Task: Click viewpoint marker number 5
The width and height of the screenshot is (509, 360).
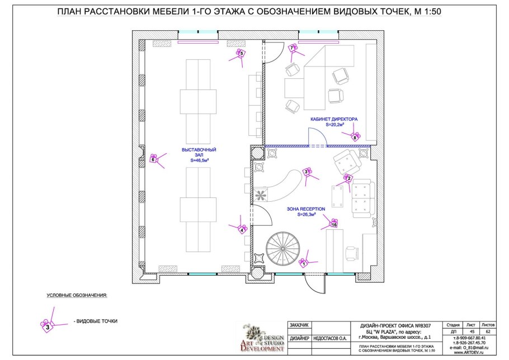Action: click(241, 54)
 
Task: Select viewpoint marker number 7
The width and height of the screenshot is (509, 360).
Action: click(292, 49)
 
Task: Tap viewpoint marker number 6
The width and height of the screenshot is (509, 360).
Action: click(154, 160)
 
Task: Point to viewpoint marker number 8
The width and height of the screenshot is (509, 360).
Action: click(355, 136)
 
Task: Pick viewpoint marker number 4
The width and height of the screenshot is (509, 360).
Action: click(242, 229)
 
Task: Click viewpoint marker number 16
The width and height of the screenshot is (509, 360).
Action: click(334, 224)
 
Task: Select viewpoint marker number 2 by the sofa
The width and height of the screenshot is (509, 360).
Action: click(348, 178)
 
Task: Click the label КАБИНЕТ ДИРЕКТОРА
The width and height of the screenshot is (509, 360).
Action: click(334, 120)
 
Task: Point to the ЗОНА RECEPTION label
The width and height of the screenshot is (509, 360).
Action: click(306, 209)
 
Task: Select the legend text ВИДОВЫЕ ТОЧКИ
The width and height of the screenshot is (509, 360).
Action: click(95, 321)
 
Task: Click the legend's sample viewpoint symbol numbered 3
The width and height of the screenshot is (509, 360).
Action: click(48, 326)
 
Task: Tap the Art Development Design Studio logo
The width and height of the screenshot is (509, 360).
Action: click(263, 338)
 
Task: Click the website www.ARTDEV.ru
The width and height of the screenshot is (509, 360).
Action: click(469, 353)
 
